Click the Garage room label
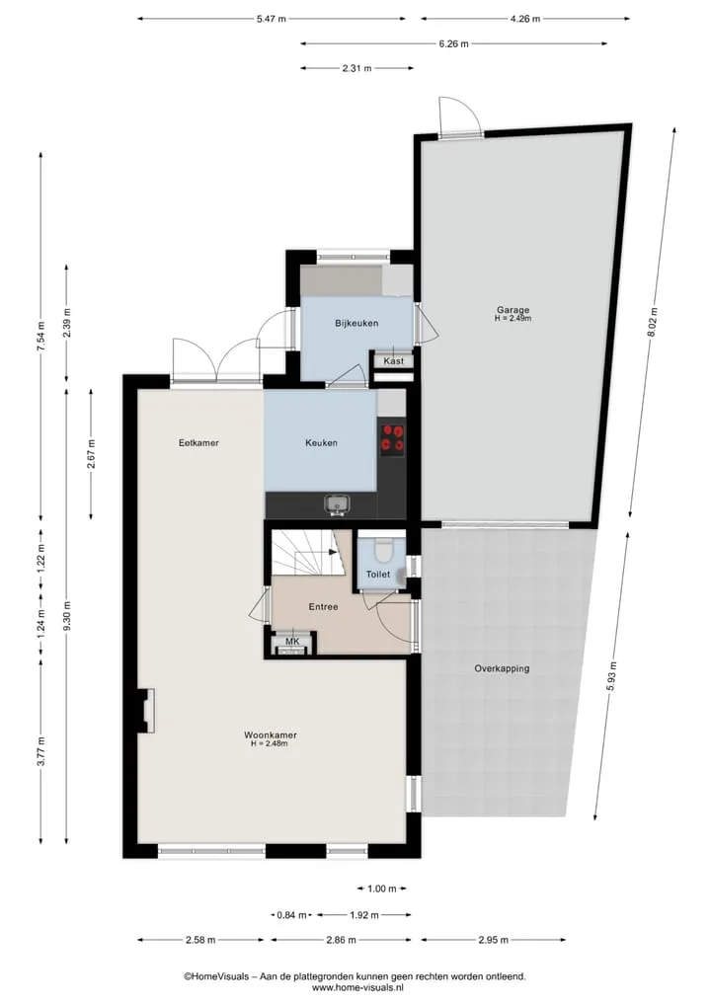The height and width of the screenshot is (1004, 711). point(513,310)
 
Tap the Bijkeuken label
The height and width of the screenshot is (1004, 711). point(356,324)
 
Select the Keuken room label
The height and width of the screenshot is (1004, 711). point(322,442)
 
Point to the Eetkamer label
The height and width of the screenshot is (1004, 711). point(198,442)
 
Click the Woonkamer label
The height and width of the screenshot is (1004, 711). point(271,735)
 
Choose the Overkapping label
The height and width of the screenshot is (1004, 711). point(503,668)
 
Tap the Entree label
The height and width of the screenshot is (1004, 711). point(324,606)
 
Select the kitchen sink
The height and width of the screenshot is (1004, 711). point(337,504)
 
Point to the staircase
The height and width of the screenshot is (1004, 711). point(305,552)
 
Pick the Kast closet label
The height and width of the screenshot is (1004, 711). point(394,361)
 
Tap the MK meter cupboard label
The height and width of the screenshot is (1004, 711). point(292,642)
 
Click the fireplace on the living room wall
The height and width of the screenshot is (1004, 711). point(148,710)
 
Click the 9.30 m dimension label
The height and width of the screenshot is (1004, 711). point(66,615)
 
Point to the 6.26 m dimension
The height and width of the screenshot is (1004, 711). point(453,43)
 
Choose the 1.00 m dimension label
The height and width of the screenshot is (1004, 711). point(382,888)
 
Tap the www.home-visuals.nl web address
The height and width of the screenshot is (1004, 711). point(355,988)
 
